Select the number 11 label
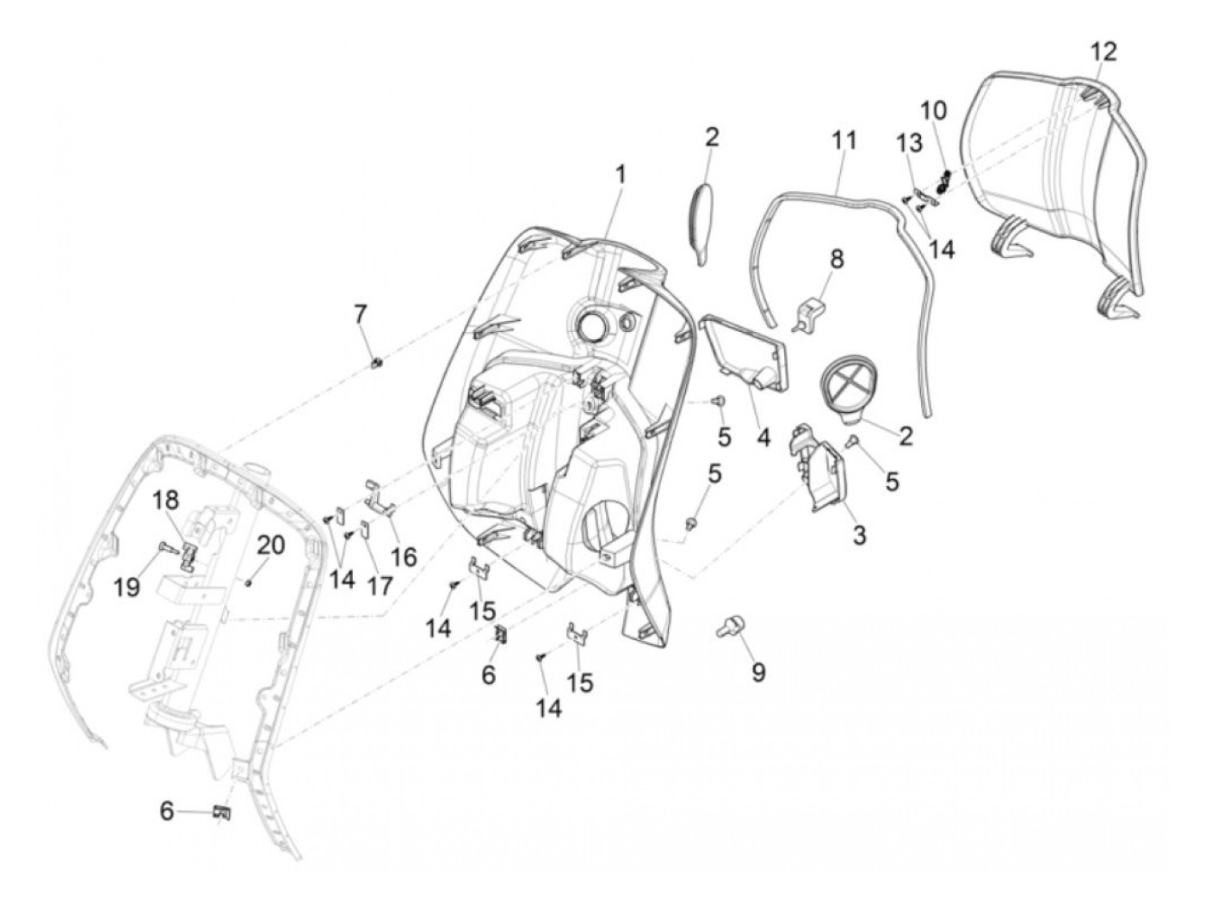pos(843,140)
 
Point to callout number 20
pos(270,545)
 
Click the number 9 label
pos(757,671)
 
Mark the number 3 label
pos(859,535)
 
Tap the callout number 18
pos(169,501)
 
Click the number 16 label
pos(403,557)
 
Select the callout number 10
pos(933,110)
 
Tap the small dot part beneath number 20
pos(248,582)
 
